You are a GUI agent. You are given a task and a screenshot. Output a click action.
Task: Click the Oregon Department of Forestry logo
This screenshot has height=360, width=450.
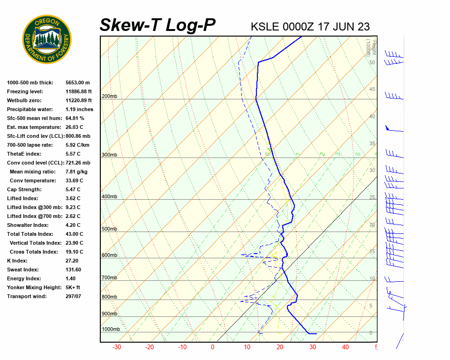(47, 39)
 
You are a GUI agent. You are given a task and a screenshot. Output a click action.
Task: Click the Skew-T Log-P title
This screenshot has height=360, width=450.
(157, 25)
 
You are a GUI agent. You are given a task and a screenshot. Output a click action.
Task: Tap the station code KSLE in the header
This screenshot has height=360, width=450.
(265, 26)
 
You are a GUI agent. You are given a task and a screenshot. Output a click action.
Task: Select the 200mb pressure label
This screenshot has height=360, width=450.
(109, 97)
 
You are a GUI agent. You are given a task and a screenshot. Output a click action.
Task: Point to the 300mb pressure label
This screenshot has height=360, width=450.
(109, 155)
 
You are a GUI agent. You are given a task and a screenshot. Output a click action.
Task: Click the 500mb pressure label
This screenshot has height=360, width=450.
(109, 229)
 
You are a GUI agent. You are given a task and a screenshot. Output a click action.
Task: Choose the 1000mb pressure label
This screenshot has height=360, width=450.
(111, 329)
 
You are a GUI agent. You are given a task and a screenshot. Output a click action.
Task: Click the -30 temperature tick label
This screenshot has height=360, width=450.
(117, 347)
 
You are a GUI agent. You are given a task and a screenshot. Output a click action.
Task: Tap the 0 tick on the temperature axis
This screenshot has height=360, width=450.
(212, 347)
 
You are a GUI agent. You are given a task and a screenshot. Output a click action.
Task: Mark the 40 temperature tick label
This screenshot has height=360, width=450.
(345, 347)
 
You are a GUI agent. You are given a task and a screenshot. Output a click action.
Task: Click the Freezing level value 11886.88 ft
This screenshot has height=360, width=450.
(79, 91)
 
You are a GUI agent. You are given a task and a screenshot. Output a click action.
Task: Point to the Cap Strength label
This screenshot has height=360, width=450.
(24, 189)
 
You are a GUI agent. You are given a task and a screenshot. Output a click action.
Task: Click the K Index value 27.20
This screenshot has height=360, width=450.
(72, 261)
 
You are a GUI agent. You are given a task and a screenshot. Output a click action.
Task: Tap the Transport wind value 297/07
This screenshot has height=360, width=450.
(74, 296)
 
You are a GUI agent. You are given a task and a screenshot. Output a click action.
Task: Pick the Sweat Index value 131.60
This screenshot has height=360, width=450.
(74, 270)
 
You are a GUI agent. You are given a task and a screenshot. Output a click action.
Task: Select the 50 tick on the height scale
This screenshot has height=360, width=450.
(372, 62)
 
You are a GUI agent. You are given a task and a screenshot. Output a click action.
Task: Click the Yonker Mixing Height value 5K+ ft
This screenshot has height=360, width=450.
(73, 287)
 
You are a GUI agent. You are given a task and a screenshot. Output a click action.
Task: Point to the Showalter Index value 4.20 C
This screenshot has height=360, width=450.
(73, 225)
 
